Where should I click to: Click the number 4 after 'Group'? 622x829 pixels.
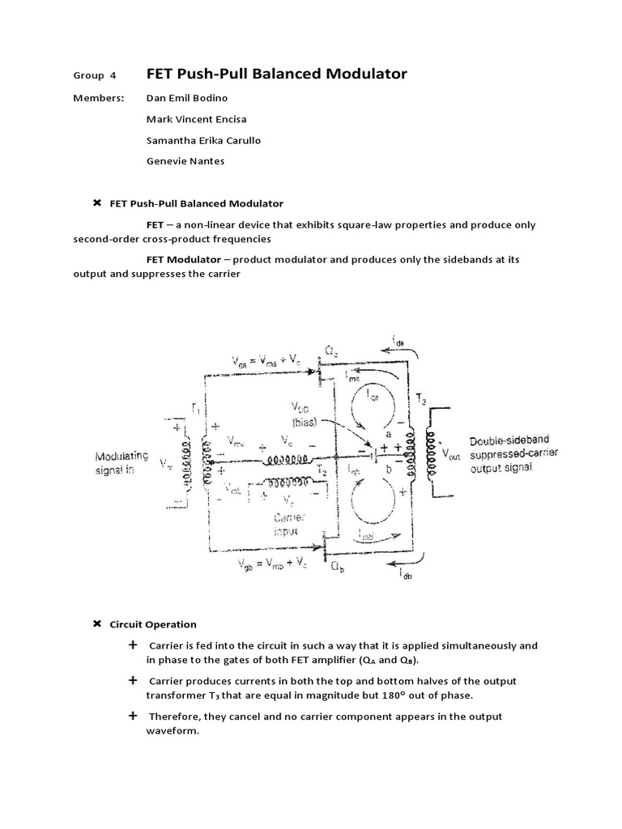click(113, 75)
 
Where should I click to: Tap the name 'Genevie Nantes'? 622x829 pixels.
click(185, 161)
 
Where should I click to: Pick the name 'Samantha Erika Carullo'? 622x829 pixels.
click(203, 140)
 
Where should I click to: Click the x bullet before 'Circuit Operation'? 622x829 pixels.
click(97, 623)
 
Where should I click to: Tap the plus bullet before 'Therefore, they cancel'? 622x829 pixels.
click(133, 716)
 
